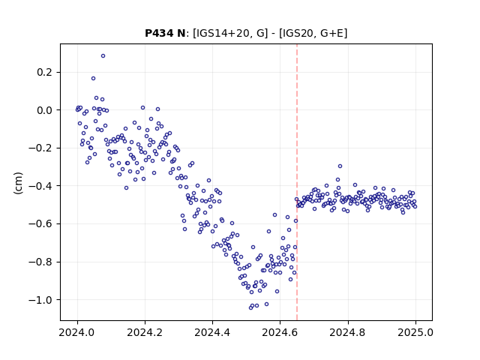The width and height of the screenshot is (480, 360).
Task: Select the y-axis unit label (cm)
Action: (x=18, y=183)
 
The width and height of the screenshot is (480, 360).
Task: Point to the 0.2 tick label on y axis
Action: (x=44, y=72)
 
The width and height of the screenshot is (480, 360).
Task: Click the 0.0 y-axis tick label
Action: (x=44, y=110)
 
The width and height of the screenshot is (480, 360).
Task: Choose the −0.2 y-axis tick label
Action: (x=40, y=148)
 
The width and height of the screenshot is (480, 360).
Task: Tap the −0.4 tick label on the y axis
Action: (x=40, y=186)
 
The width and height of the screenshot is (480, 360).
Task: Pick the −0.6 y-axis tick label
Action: (x=40, y=224)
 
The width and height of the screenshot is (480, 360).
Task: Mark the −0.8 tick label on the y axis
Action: (x=40, y=262)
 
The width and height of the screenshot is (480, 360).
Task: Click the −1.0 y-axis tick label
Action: (x=40, y=300)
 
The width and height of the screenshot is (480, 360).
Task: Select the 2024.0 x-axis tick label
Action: (x=77, y=332)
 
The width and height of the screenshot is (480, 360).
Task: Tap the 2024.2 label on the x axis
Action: (x=145, y=332)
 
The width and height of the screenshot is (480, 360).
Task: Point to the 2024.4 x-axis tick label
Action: (x=212, y=332)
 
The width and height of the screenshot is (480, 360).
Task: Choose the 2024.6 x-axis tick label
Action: (x=280, y=332)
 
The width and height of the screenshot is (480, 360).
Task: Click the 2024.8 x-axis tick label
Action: (x=348, y=332)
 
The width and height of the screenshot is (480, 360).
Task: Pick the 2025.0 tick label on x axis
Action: (x=415, y=332)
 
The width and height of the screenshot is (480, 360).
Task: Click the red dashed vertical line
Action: (x=297, y=182)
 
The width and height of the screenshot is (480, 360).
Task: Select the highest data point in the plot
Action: (x=103, y=56)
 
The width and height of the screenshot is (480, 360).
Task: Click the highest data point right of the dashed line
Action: (x=340, y=166)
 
